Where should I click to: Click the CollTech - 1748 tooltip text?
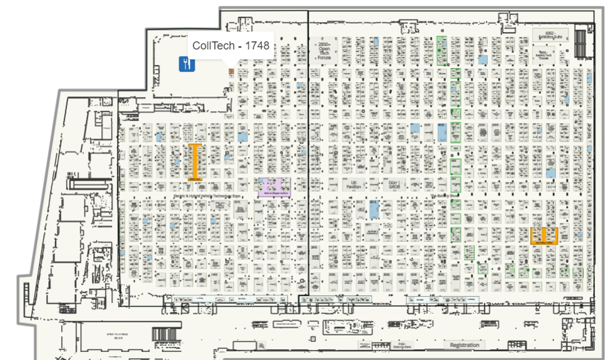[231, 46]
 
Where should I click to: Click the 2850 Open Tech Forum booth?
[324, 51]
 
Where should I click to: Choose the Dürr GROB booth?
[394, 185]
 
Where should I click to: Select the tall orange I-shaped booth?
[194, 162]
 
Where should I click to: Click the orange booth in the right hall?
[544, 236]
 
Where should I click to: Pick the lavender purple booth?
[274, 186]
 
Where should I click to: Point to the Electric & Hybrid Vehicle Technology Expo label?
[207, 196]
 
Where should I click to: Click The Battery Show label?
[445, 196]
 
